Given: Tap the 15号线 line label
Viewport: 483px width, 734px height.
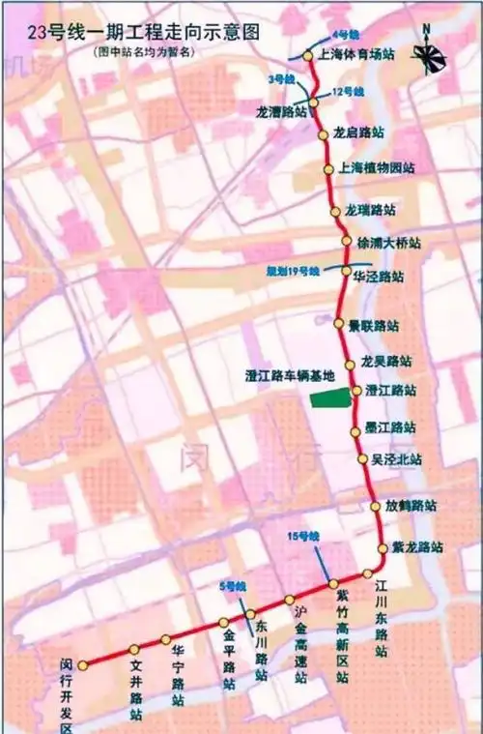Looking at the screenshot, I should pyautogui.click(x=303, y=536).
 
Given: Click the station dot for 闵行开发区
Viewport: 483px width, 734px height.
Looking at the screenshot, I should pyautogui.click(x=83, y=665).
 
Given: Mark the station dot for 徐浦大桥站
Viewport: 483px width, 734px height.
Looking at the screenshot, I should pyautogui.click(x=347, y=241).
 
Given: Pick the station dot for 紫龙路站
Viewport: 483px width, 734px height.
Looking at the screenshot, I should pyautogui.click(x=383, y=547).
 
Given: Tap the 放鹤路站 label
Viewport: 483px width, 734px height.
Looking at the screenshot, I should pyautogui.click(x=412, y=505).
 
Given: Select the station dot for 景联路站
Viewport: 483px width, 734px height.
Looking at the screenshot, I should pyautogui.click(x=338, y=324).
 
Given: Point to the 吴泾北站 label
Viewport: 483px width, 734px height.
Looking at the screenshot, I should pyautogui.click(x=397, y=459).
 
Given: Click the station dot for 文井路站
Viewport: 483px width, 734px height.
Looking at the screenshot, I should pyautogui.click(x=134, y=650).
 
